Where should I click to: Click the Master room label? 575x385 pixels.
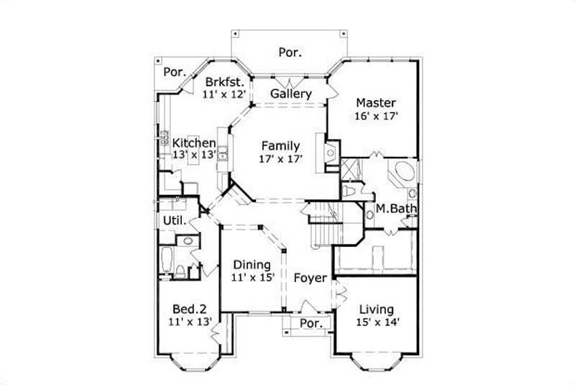click(x=375, y=103)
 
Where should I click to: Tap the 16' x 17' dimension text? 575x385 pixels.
click(x=375, y=116)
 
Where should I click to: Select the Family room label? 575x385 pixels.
click(x=280, y=145)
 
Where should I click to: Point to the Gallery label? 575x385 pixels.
click(x=291, y=94)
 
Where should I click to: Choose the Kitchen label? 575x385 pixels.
click(x=193, y=142)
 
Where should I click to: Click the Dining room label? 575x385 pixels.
click(x=251, y=264)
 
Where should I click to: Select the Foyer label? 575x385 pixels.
click(x=310, y=278)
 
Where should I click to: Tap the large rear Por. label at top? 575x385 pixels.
click(x=290, y=52)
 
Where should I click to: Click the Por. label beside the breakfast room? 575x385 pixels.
click(x=174, y=72)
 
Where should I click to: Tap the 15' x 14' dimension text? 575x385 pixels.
click(x=378, y=322)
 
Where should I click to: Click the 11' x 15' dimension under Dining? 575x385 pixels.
click(x=251, y=277)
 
